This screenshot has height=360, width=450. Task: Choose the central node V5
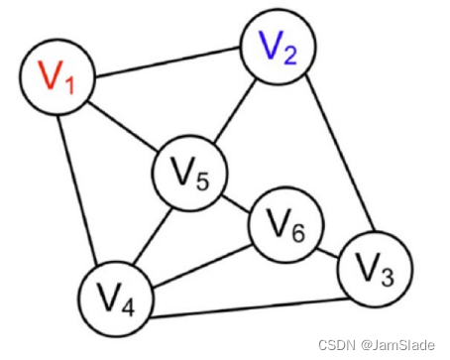(189, 178)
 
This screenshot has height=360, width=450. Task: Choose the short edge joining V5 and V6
(236, 203)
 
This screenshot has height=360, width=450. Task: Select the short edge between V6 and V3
(327, 248)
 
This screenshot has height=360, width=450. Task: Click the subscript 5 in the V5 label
(203, 184)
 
